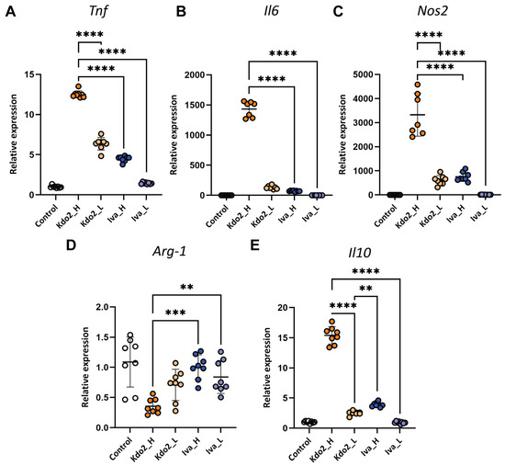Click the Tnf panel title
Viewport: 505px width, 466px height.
click(x=98, y=11)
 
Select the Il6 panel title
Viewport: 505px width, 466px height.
click(x=271, y=11)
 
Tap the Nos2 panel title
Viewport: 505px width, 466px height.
click(x=432, y=11)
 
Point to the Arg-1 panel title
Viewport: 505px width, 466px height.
click(x=170, y=251)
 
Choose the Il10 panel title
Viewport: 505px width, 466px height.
click(x=359, y=253)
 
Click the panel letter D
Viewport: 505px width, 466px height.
click(x=71, y=245)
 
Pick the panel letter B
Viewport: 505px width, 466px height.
click(x=181, y=12)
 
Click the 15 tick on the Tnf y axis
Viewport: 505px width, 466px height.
click(x=29, y=74)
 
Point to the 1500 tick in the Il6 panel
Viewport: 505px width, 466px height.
click(x=195, y=105)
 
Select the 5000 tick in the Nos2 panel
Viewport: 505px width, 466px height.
click(x=364, y=74)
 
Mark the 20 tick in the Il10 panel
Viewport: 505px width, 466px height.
click(x=284, y=308)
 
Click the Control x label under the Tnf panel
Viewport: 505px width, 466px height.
click(x=47, y=215)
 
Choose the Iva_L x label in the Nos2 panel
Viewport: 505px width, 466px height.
click(x=479, y=213)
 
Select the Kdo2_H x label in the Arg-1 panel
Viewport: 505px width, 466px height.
click(x=142, y=449)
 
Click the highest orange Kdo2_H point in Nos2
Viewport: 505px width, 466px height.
click(x=418, y=85)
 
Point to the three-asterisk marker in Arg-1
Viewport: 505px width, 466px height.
click(x=175, y=313)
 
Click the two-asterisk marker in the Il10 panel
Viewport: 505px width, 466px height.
click(x=365, y=288)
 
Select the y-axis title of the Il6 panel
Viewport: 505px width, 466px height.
click(x=174, y=135)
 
